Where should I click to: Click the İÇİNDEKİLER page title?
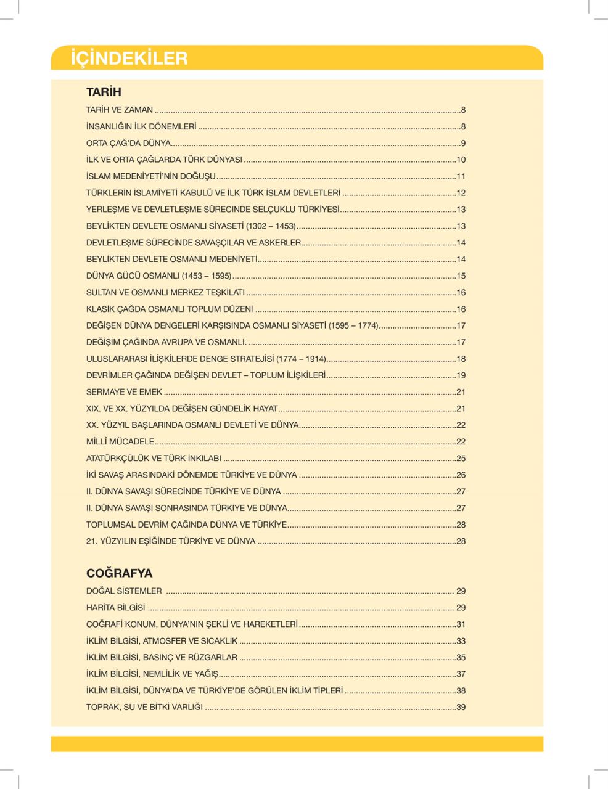tap(129, 59)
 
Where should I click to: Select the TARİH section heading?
tap(104, 92)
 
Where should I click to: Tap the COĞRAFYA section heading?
tap(119, 573)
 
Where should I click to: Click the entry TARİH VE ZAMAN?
tap(120, 110)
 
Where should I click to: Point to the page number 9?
tap(463, 143)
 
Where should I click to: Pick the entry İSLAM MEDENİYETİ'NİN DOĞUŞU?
tap(150, 176)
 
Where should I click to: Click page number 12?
tap(461, 193)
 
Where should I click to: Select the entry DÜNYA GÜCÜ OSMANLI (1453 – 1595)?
tap(158, 276)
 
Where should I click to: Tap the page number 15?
tap(461, 276)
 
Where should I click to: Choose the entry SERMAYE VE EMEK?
tap(124, 391)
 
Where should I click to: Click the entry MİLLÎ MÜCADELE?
tap(120, 441)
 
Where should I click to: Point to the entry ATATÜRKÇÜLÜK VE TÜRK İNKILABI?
tap(154, 458)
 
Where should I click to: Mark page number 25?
tap(461, 458)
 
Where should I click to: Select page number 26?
tap(461, 475)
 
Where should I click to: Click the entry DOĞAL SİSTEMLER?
tap(124, 591)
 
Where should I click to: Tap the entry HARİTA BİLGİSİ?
tap(116, 607)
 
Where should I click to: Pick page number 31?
tap(461, 624)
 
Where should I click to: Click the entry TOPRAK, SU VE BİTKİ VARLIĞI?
tap(144, 707)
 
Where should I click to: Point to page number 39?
tap(461, 707)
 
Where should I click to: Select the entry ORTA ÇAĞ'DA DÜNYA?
tap(128, 143)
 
